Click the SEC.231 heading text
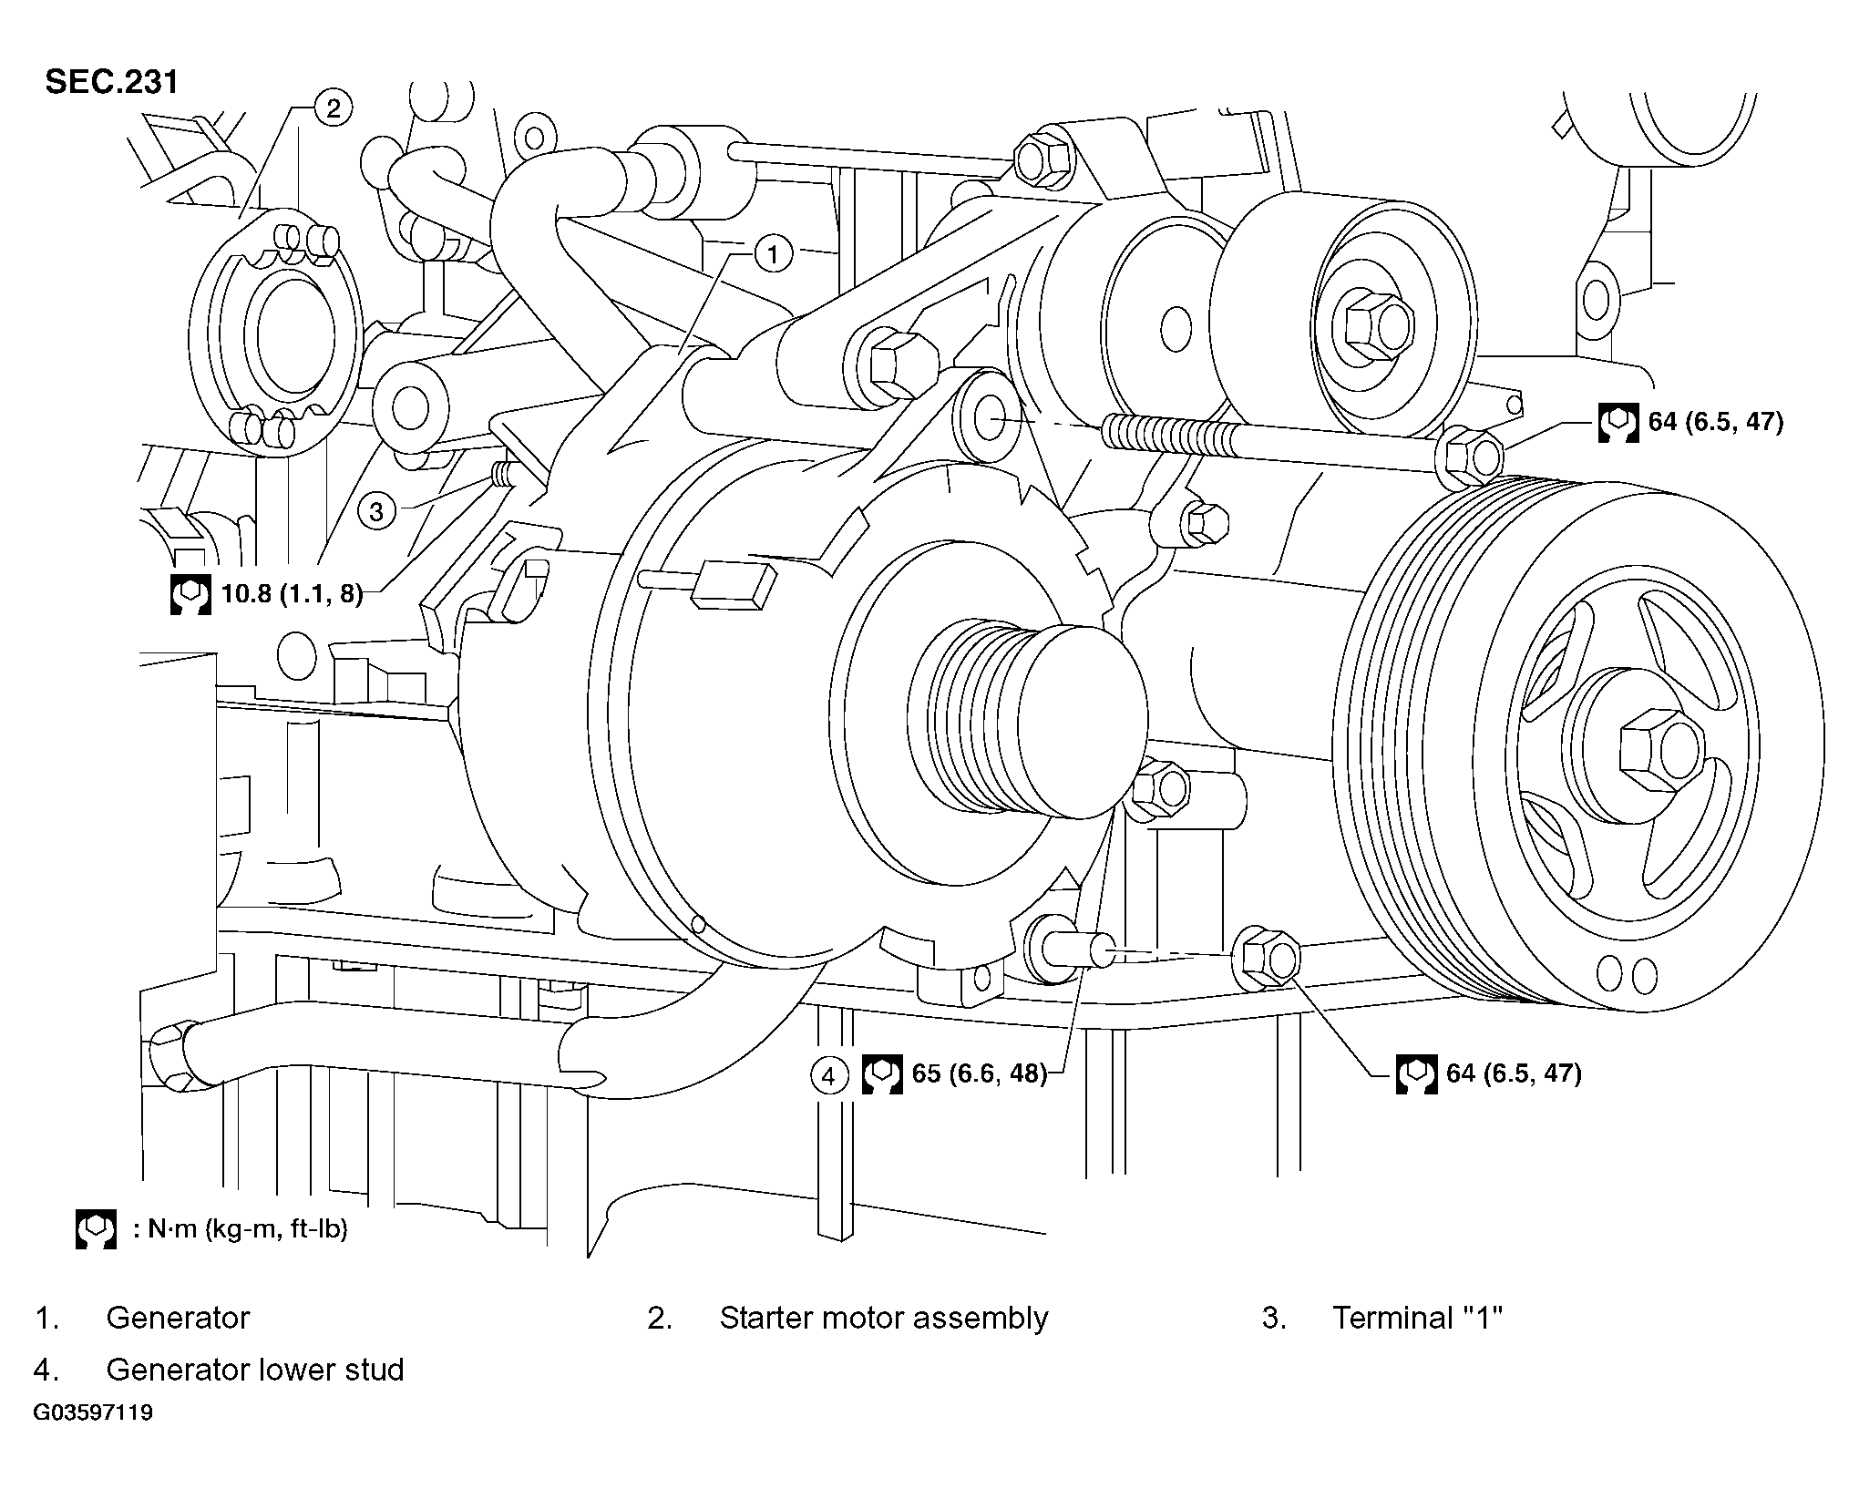[x=112, y=82]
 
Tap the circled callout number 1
[x=773, y=253]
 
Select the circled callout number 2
[x=333, y=109]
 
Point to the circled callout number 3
[x=376, y=512]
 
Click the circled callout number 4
[x=827, y=1076]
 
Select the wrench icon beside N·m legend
[x=96, y=1229]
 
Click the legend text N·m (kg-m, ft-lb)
[x=241, y=1229]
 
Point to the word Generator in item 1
[x=178, y=1318]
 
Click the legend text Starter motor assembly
[x=884, y=1318]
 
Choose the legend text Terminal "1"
[x=1417, y=1318]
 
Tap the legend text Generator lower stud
[x=255, y=1370]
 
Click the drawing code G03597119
[x=94, y=1413]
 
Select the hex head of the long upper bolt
[x=1470, y=454]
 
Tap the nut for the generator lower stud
[x=1267, y=959]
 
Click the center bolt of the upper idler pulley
[x=1372, y=326]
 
